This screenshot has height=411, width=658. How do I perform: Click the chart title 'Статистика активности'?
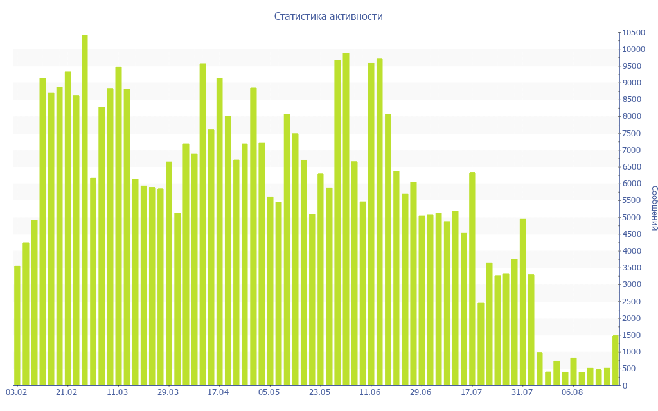tap(328, 17)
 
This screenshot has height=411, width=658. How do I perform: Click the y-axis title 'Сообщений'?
tap(654, 207)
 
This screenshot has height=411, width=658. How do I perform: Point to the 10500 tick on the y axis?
tap(632, 33)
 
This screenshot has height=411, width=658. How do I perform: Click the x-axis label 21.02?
tap(67, 392)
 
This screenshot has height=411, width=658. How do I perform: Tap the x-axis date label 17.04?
tap(218, 392)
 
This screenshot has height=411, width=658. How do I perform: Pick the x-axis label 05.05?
tap(269, 392)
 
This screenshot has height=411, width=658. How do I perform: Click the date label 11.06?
tap(370, 392)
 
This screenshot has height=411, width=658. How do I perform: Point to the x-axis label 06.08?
tap(572, 392)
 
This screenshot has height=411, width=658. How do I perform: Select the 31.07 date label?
tap(522, 392)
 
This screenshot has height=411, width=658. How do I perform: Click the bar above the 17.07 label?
tap(472, 279)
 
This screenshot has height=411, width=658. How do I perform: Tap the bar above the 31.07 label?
tap(523, 302)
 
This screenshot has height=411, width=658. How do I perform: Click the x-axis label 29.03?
tap(168, 392)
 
